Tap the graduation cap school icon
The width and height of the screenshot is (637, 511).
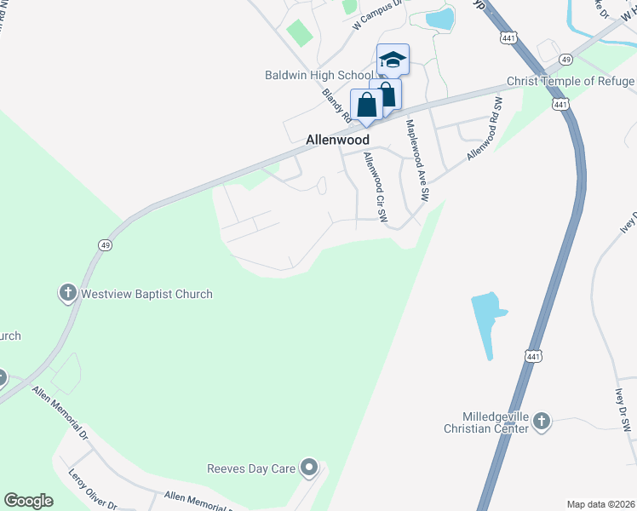pyautogui.click(x=393, y=60)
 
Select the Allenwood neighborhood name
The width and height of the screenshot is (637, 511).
pyautogui.click(x=338, y=139)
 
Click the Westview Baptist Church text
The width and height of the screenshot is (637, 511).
pyautogui.click(x=146, y=294)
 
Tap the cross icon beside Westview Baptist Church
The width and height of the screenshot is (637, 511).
pyautogui.click(x=67, y=294)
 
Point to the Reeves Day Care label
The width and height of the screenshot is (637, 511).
pyautogui.click(x=255, y=468)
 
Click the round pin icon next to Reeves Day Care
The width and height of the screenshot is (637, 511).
pyautogui.click(x=310, y=468)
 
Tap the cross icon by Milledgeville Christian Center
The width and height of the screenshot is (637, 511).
pyautogui.click(x=542, y=421)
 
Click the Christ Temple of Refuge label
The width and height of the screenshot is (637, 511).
pyautogui.click(x=571, y=82)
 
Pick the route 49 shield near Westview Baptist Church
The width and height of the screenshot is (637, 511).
pyautogui.click(x=105, y=244)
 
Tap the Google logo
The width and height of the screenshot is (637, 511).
pyautogui.click(x=28, y=501)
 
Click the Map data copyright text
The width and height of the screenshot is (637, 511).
pyautogui.click(x=600, y=503)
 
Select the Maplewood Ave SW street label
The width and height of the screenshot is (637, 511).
pyautogui.click(x=417, y=158)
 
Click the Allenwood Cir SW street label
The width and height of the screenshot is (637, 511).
pyautogui.click(x=376, y=187)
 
